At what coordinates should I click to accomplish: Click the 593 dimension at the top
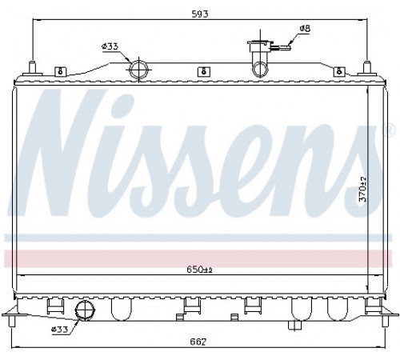click(200, 14)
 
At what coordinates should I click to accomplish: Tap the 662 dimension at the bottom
click(198, 342)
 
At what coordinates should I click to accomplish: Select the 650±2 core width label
click(199, 270)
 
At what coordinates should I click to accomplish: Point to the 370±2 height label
click(362, 189)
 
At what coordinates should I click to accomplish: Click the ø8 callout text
click(305, 28)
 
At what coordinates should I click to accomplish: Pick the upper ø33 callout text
click(110, 46)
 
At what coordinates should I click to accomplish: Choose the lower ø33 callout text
click(60, 330)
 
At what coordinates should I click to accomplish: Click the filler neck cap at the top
click(260, 42)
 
